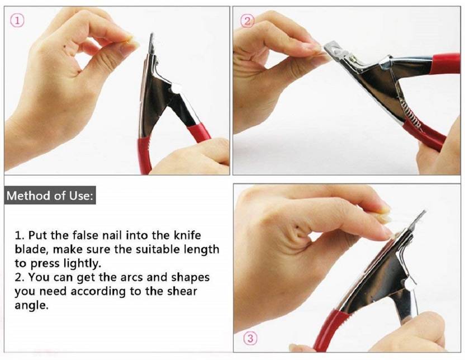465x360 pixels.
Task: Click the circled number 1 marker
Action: point(17,21)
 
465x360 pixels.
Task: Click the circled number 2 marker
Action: point(248,21)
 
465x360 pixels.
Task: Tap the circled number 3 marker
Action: point(250,338)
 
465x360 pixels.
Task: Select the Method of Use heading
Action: point(50,196)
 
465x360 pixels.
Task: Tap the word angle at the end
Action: point(31,305)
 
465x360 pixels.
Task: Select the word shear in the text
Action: point(182,291)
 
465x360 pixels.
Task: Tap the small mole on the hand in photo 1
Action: point(65,46)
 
